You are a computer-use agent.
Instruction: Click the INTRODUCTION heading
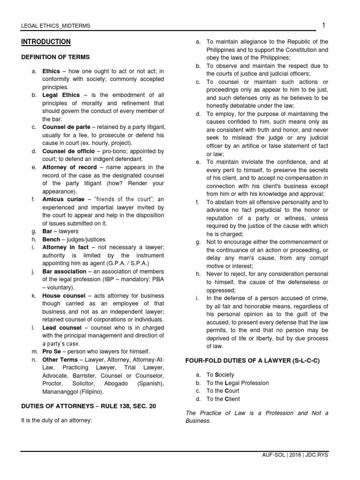coord(46,42)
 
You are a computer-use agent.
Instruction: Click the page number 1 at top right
coord(323,25)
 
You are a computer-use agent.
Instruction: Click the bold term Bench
coord(51,240)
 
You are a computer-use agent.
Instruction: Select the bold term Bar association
coord(64,271)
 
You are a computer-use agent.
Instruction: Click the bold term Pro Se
coord(52,352)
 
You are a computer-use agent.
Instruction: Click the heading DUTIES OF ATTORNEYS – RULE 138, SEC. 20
coord(88,406)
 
